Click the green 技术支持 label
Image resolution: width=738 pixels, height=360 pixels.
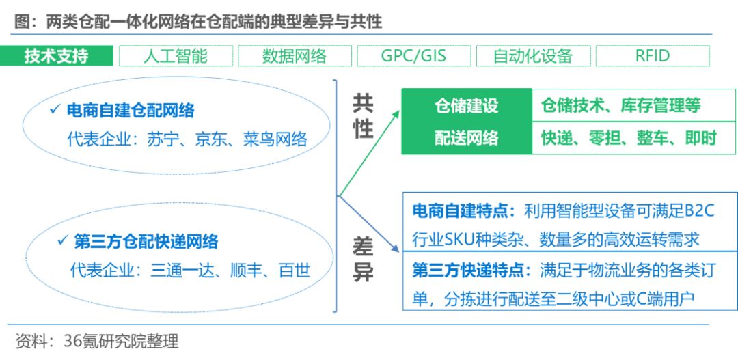(56, 56)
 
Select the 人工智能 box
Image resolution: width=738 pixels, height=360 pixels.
(176, 56)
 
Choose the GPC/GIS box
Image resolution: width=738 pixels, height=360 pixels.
(413, 56)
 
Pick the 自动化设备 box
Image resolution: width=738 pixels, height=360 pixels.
(532, 56)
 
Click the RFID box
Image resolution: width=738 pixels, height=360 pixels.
(652, 56)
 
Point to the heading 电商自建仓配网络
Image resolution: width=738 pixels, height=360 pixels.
(131, 111)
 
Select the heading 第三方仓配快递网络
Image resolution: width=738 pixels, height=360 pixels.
(146, 241)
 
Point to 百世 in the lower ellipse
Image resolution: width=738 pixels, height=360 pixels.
(295, 271)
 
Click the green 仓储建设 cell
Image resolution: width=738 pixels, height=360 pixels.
(467, 106)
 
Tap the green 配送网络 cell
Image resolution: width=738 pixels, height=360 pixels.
(467, 138)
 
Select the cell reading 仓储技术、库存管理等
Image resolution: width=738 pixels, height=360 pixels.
(620, 106)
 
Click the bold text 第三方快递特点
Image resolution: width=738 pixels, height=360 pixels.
(471, 271)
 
